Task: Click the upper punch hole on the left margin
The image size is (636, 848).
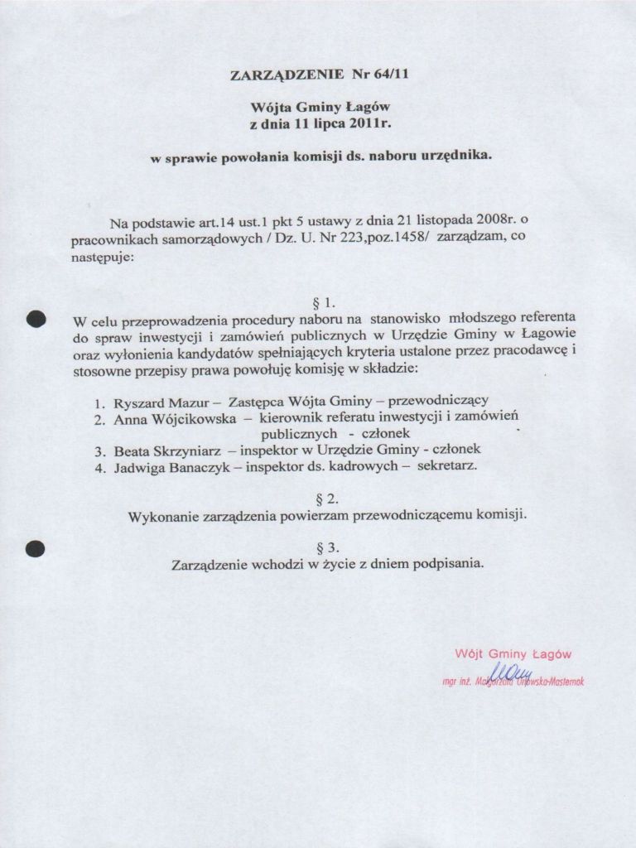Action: click(x=35, y=318)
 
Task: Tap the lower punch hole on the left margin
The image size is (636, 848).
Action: click(x=35, y=547)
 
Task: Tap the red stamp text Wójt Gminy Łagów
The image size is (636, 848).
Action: click(x=513, y=653)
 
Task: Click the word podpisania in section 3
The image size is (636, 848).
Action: click(x=448, y=564)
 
